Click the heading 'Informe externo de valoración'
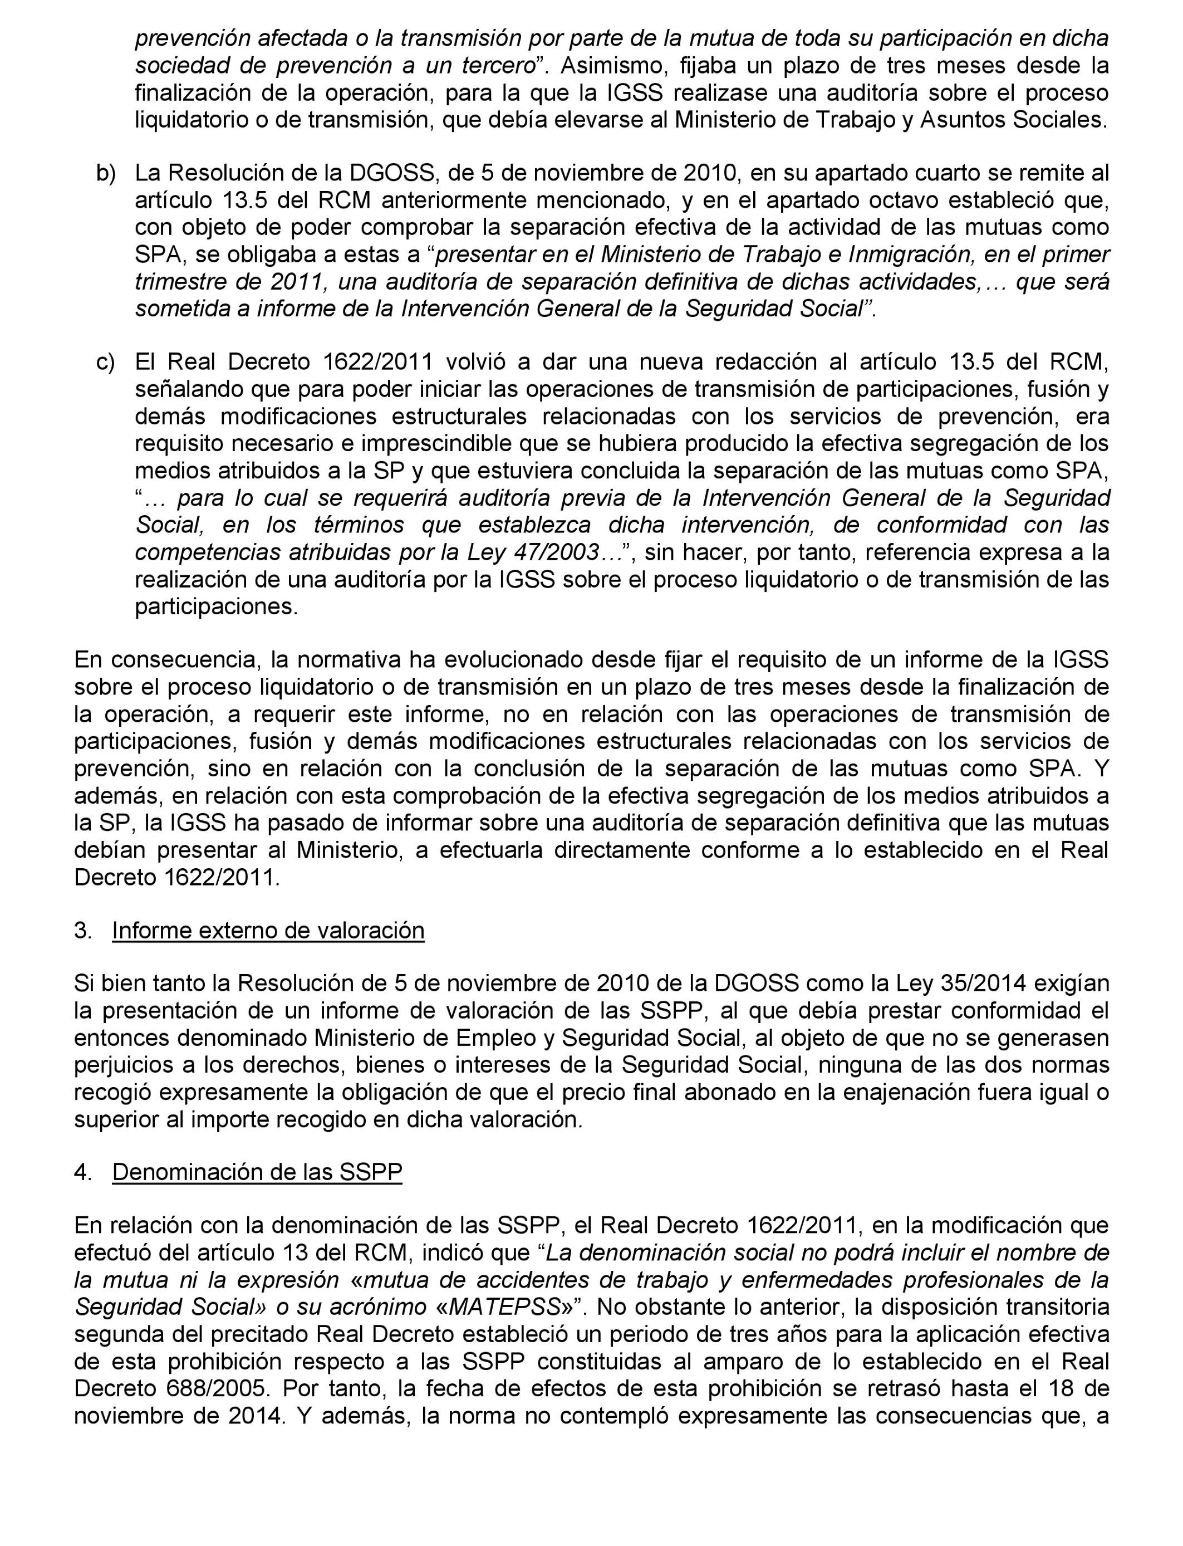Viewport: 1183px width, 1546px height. (x=268, y=931)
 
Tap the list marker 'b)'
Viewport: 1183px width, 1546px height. (x=106, y=173)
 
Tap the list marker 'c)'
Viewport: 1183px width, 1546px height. (x=106, y=362)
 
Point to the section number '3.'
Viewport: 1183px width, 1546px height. (x=83, y=931)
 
